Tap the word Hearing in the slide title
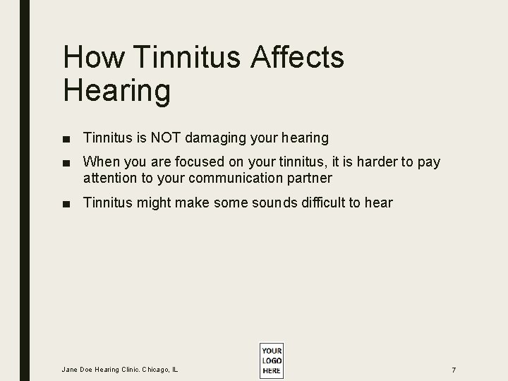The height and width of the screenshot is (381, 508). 116,90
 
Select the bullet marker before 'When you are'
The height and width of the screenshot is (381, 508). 68,163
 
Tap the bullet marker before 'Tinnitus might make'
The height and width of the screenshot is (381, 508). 68,204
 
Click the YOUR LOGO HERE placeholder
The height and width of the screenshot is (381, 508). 271,361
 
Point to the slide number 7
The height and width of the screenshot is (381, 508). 454,370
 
